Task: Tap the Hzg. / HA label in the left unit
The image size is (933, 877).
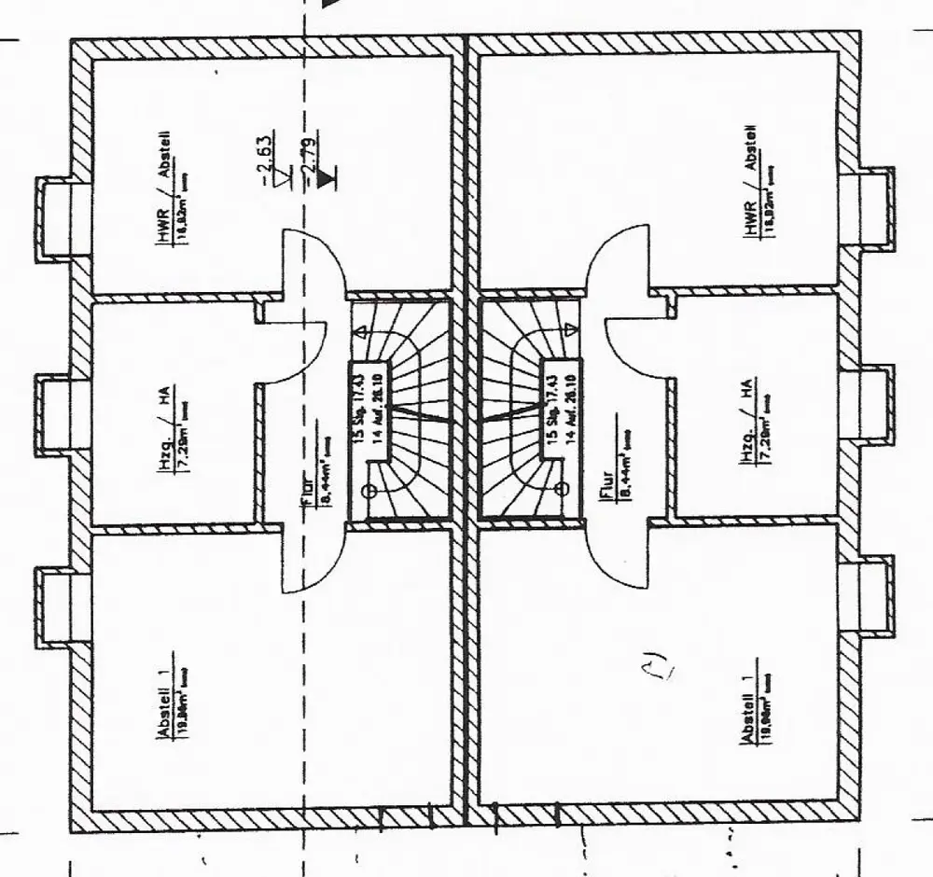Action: [x=164, y=437]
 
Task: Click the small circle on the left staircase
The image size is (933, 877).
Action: [x=368, y=490]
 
